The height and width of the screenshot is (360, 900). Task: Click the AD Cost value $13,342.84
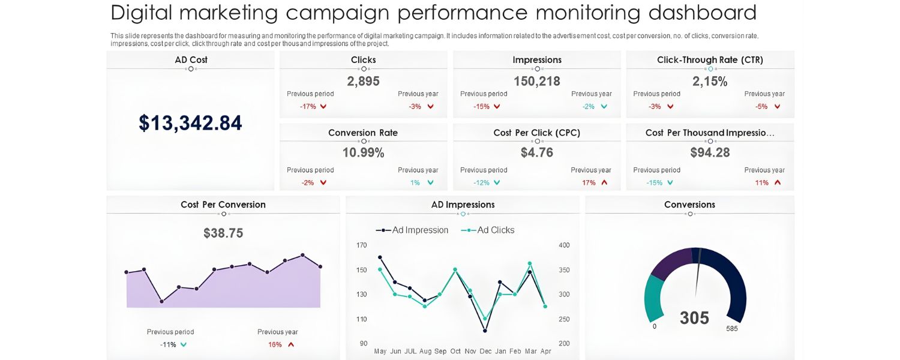[x=190, y=123]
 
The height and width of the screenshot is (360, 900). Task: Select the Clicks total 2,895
[x=363, y=81]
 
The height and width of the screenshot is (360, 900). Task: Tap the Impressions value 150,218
[x=536, y=81]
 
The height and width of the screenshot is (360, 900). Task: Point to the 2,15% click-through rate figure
[x=710, y=81]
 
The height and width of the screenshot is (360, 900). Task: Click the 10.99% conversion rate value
[x=363, y=152]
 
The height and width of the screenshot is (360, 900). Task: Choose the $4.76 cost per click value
[x=536, y=152]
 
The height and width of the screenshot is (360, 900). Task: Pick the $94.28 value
[x=710, y=152]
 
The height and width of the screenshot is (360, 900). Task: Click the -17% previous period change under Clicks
[x=308, y=106]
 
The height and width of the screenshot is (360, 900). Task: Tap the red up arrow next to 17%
[x=604, y=182]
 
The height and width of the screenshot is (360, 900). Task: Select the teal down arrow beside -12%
[x=497, y=182]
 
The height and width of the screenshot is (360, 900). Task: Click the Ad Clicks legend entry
[x=488, y=230]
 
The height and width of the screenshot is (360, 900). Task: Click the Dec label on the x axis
[x=485, y=351]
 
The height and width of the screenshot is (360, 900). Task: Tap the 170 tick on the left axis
[x=362, y=245]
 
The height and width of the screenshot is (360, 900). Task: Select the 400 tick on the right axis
[x=564, y=245]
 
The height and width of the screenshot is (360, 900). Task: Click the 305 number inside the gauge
[x=694, y=318]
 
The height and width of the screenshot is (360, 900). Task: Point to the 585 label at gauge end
[x=731, y=329]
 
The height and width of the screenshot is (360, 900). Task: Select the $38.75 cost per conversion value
[x=223, y=233]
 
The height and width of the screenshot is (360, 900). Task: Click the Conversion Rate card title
[x=363, y=133]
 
